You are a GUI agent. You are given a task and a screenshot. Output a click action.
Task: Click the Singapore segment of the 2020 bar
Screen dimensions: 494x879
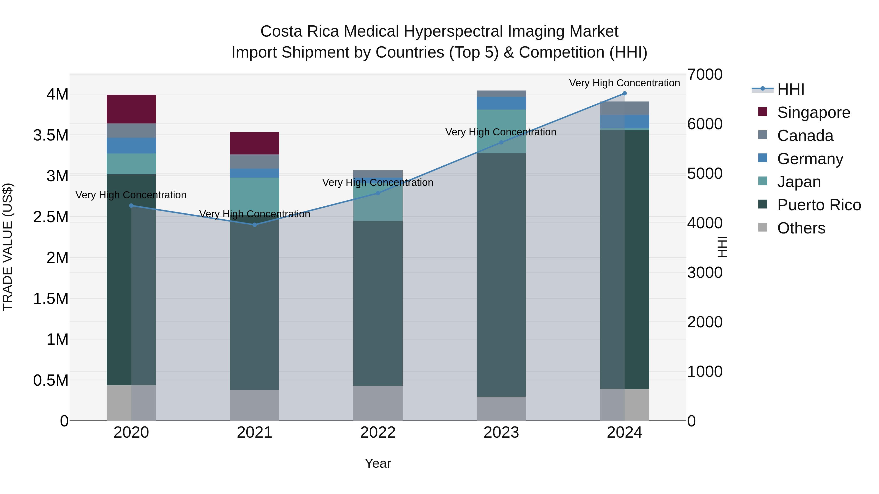coord(131,109)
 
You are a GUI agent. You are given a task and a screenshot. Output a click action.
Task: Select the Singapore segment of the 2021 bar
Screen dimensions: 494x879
coord(255,143)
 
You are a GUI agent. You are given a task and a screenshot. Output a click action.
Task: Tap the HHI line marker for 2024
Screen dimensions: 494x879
coord(624,93)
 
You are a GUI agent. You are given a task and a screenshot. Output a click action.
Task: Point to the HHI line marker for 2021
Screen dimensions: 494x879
coord(255,225)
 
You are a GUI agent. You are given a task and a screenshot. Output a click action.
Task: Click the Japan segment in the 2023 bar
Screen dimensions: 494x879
coord(501,131)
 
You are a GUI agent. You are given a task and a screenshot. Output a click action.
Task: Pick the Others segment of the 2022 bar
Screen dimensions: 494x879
coord(378,403)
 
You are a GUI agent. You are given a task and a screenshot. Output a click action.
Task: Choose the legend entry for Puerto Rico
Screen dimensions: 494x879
coord(819,205)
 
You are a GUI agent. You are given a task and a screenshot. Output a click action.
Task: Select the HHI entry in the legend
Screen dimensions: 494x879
coord(791,89)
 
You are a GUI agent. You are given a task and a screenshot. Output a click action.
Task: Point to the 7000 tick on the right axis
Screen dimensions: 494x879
coord(705,75)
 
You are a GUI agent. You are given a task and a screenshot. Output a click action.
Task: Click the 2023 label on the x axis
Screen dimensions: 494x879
coord(501,433)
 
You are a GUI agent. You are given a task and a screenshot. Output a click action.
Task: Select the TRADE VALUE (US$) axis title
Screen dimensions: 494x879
coord(8,247)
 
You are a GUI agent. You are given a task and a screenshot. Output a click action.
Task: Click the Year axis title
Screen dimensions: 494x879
coord(378,463)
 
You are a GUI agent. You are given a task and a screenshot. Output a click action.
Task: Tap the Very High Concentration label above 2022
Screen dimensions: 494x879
coord(378,182)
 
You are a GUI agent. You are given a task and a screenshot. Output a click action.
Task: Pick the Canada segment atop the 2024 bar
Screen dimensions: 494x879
coord(624,108)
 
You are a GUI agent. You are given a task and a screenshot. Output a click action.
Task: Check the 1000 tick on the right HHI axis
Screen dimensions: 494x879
coord(705,371)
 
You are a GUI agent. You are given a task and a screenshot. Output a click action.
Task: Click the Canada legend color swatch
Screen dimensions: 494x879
coord(762,135)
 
